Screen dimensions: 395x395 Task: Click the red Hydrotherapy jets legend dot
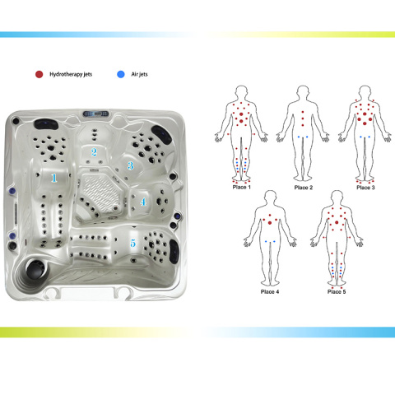(39, 74)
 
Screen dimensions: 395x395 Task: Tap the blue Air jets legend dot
(121, 74)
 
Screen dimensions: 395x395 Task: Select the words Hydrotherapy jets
(71, 74)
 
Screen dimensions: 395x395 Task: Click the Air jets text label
(139, 74)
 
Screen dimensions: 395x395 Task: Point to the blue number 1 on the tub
(54, 179)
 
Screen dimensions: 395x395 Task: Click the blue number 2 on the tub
(94, 152)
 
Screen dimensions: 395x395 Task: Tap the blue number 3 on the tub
(131, 165)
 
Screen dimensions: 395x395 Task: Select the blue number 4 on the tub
(143, 202)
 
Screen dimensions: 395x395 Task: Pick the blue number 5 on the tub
(133, 243)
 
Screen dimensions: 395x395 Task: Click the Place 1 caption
(242, 188)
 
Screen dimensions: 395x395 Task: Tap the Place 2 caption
(304, 188)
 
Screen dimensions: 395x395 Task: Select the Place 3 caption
(365, 188)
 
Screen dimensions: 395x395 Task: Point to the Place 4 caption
(270, 292)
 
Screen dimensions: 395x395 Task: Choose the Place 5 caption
(337, 292)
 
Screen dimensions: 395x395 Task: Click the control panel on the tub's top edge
(95, 114)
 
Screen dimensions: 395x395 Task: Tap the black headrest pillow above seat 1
(46, 124)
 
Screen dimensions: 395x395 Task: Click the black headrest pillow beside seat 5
(174, 252)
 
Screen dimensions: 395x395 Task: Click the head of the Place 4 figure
(271, 198)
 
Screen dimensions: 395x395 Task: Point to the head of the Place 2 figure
(303, 93)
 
